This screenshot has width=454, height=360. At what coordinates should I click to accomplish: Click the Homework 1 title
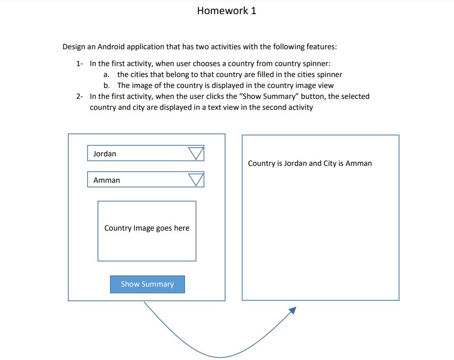227,11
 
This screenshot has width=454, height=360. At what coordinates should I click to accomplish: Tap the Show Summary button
147,284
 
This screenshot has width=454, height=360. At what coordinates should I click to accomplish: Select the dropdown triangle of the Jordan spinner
196,154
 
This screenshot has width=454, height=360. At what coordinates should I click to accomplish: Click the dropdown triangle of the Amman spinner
196,180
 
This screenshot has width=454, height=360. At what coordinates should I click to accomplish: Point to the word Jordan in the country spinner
104,154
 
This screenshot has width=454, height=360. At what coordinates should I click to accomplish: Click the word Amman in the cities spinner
107,180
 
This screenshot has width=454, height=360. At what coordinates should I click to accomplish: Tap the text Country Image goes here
147,228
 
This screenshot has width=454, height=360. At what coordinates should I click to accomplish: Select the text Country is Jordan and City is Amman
310,164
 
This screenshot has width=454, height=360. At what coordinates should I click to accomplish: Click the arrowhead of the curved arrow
293,310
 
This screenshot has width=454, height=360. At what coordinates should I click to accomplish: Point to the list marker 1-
80,64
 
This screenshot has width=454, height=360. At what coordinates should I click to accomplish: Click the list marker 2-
80,97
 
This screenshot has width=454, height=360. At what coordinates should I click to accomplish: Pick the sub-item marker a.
107,75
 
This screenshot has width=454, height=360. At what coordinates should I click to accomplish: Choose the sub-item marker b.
107,86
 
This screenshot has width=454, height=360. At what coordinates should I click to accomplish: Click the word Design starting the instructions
74,47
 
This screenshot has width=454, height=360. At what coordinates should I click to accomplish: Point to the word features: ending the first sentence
321,47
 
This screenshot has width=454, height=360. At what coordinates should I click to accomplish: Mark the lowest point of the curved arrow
220,357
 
